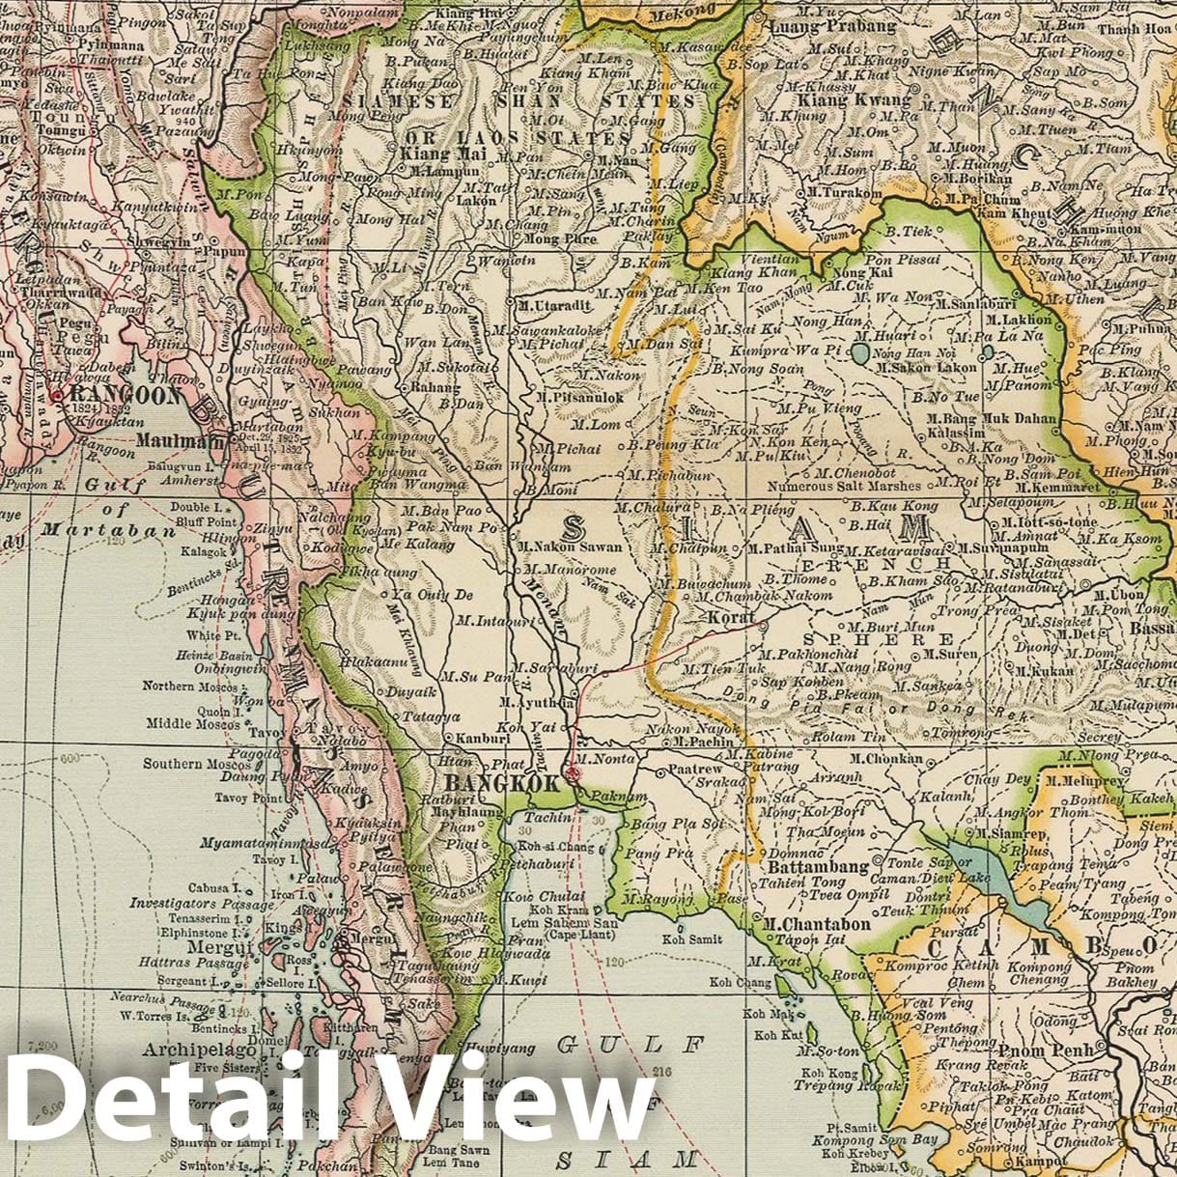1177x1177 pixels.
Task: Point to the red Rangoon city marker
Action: pos(58,395)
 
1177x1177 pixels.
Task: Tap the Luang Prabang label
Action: pos(832,26)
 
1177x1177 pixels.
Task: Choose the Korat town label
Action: pos(730,616)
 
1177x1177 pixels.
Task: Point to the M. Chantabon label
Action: pos(816,924)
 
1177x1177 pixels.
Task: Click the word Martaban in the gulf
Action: pos(87,529)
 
